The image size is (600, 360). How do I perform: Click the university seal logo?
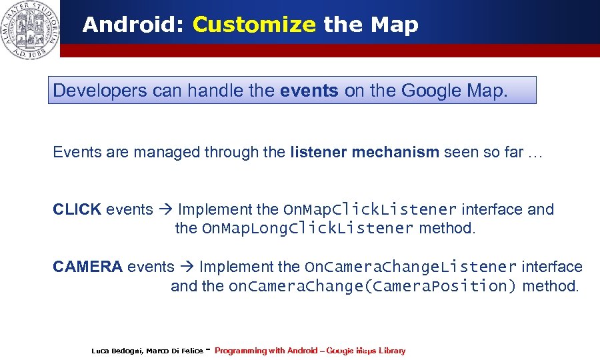(31, 29)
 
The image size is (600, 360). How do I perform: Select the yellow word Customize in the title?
(254, 25)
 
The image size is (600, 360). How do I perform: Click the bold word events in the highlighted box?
(309, 91)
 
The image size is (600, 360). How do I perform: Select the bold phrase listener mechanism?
(365, 152)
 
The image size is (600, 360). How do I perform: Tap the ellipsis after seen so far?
(535, 153)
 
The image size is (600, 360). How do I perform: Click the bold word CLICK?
(77, 209)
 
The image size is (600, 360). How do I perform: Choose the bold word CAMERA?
(87, 267)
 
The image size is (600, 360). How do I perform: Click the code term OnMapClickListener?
(370, 210)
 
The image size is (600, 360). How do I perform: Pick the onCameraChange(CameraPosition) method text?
(373, 287)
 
